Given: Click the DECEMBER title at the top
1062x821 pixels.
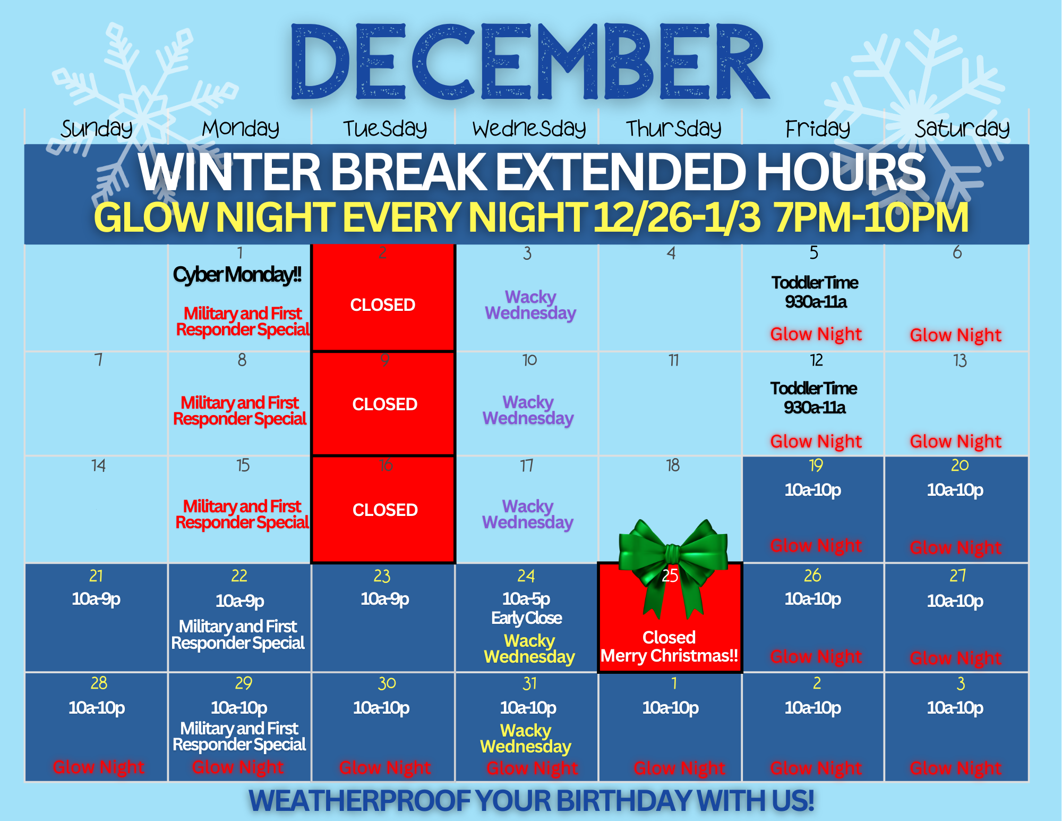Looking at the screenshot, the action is tap(530, 62).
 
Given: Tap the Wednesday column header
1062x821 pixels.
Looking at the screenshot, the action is tap(529, 129).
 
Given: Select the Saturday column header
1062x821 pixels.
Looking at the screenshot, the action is tap(962, 129).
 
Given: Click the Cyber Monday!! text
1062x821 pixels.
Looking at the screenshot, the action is tap(237, 275).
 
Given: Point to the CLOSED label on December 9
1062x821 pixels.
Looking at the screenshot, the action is tap(385, 404).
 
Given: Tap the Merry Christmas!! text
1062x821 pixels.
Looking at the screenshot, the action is tap(669, 656).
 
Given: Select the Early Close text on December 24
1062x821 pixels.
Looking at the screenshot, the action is tap(526, 618).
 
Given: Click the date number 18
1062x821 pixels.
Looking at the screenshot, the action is tap(673, 465).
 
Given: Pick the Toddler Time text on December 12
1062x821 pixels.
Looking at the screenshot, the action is tap(814, 388).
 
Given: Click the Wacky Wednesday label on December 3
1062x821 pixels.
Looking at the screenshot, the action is tap(530, 305).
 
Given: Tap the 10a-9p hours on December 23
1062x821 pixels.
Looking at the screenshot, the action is tap(385, 599).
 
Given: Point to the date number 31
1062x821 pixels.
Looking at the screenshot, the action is tap(529, 683).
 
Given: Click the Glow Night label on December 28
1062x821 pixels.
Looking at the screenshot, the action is tap(99, 767).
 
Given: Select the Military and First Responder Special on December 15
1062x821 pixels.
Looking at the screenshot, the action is tap(242, 514).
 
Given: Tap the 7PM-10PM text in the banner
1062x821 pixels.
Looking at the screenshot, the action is tap(871, 217).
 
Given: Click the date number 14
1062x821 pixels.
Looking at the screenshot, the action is tap(98, 465).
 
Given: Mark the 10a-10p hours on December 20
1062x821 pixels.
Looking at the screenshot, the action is tap(955, 490).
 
